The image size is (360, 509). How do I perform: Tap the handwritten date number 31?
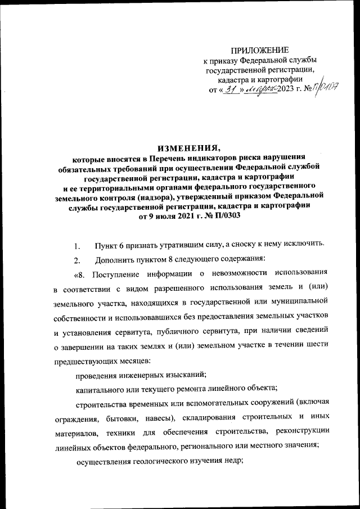pos(227,90)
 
